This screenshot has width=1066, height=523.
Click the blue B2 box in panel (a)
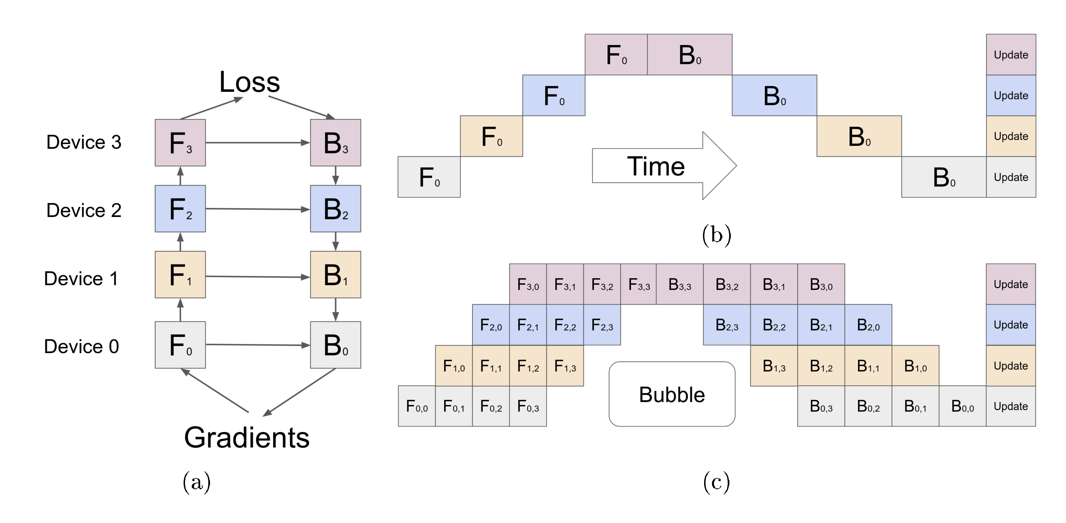(335, 209)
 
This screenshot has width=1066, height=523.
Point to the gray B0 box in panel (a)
(335, 345)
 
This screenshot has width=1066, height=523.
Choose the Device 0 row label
(81, 347)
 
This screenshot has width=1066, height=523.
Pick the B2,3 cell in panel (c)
(726, 325)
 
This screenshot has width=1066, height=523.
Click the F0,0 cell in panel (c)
(417, 406)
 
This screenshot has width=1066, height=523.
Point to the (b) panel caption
(716, 235)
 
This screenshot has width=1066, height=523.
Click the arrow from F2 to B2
(257, 209)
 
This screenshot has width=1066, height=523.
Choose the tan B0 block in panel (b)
(859, 136)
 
